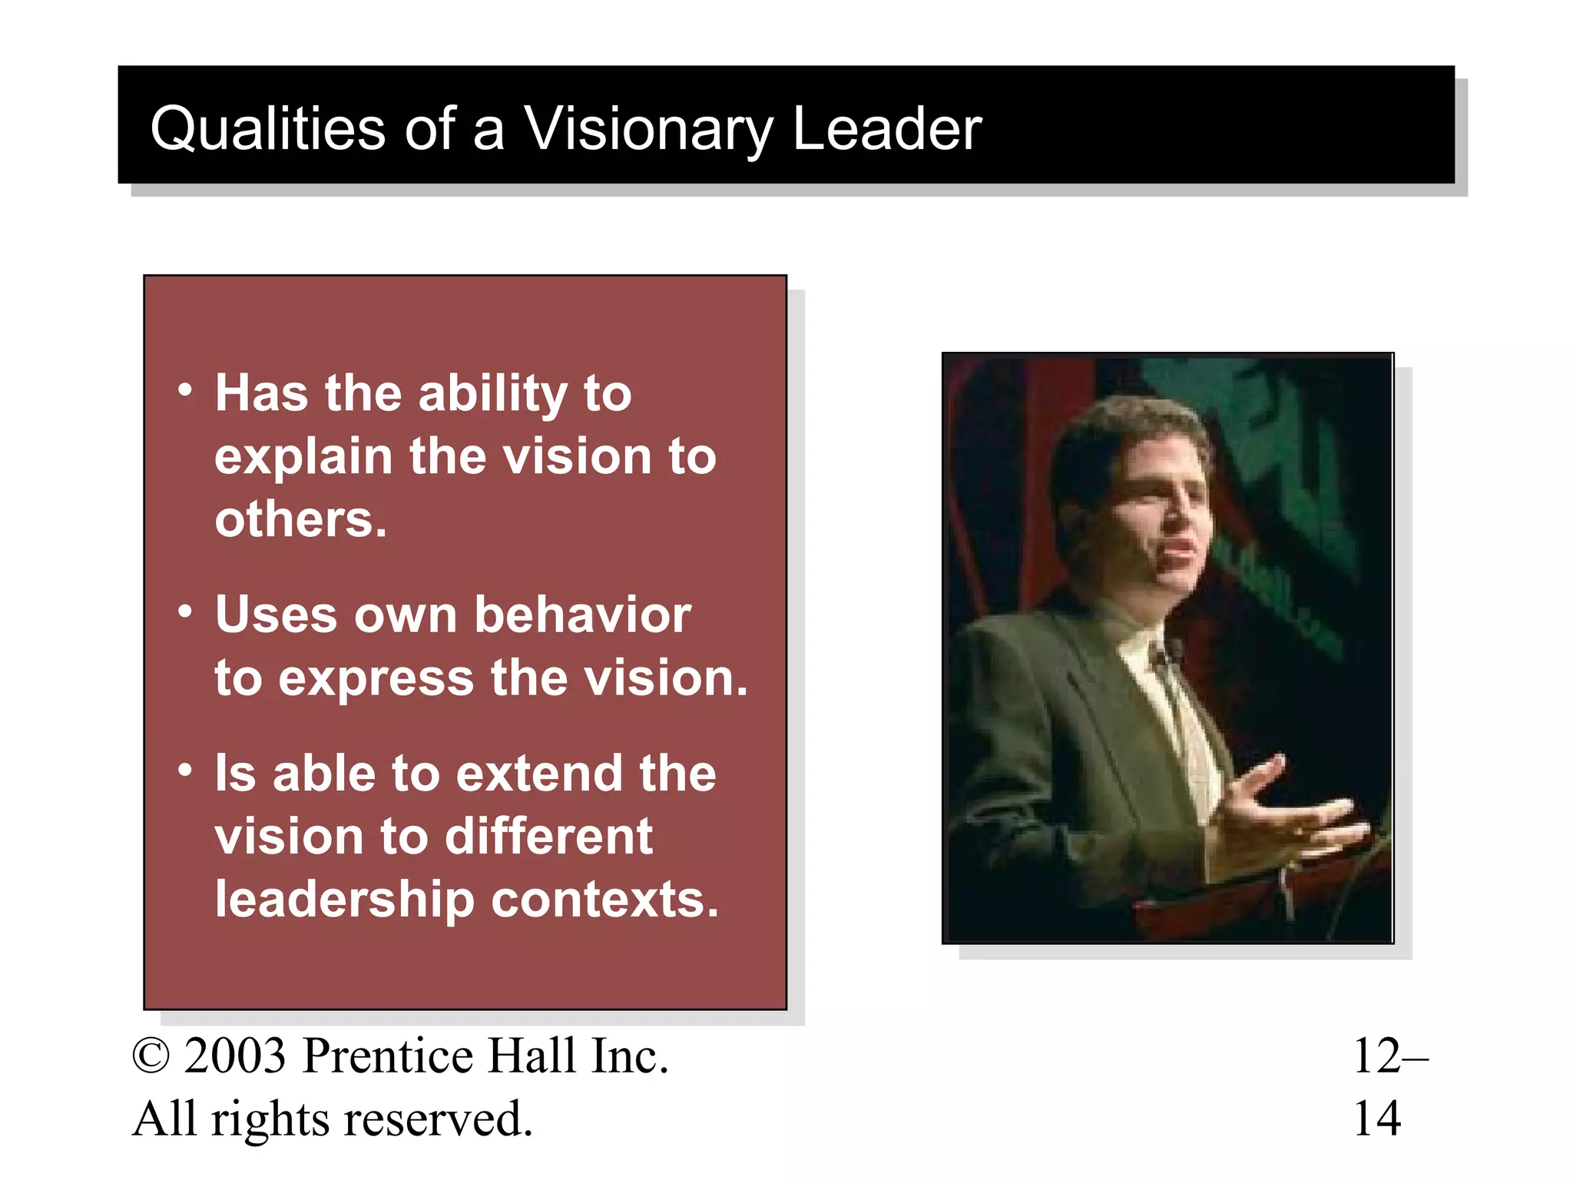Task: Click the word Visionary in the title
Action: (647, 128)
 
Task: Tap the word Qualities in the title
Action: (267, 128)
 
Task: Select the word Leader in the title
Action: (886, 128)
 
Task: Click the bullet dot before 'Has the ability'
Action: (184, 390)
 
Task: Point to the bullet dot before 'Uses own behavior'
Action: (184, 612)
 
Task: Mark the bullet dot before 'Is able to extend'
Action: (184, 770)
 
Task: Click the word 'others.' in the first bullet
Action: (300, 519)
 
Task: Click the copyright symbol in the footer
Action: (151, 1056)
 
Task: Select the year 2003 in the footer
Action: (234, 1056)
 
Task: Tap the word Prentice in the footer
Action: (388, 1056)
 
